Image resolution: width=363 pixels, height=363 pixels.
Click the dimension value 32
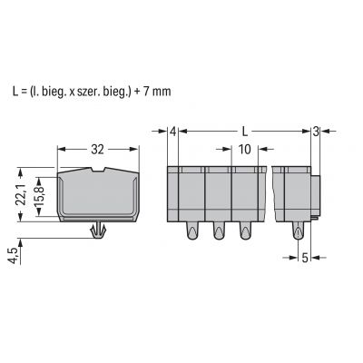click(97, 149)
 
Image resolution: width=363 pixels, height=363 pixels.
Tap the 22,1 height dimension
click(22, 194)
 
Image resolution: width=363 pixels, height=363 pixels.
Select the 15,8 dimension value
click(40, 196)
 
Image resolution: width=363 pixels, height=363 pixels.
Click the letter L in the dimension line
click(245, 132)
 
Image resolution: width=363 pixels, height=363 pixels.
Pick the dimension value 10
click(245, 149)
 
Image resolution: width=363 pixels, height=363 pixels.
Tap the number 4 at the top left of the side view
click(172, 132)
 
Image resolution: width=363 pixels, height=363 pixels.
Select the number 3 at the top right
click(316, 132)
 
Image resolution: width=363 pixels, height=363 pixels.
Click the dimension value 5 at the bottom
click(305, 258)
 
